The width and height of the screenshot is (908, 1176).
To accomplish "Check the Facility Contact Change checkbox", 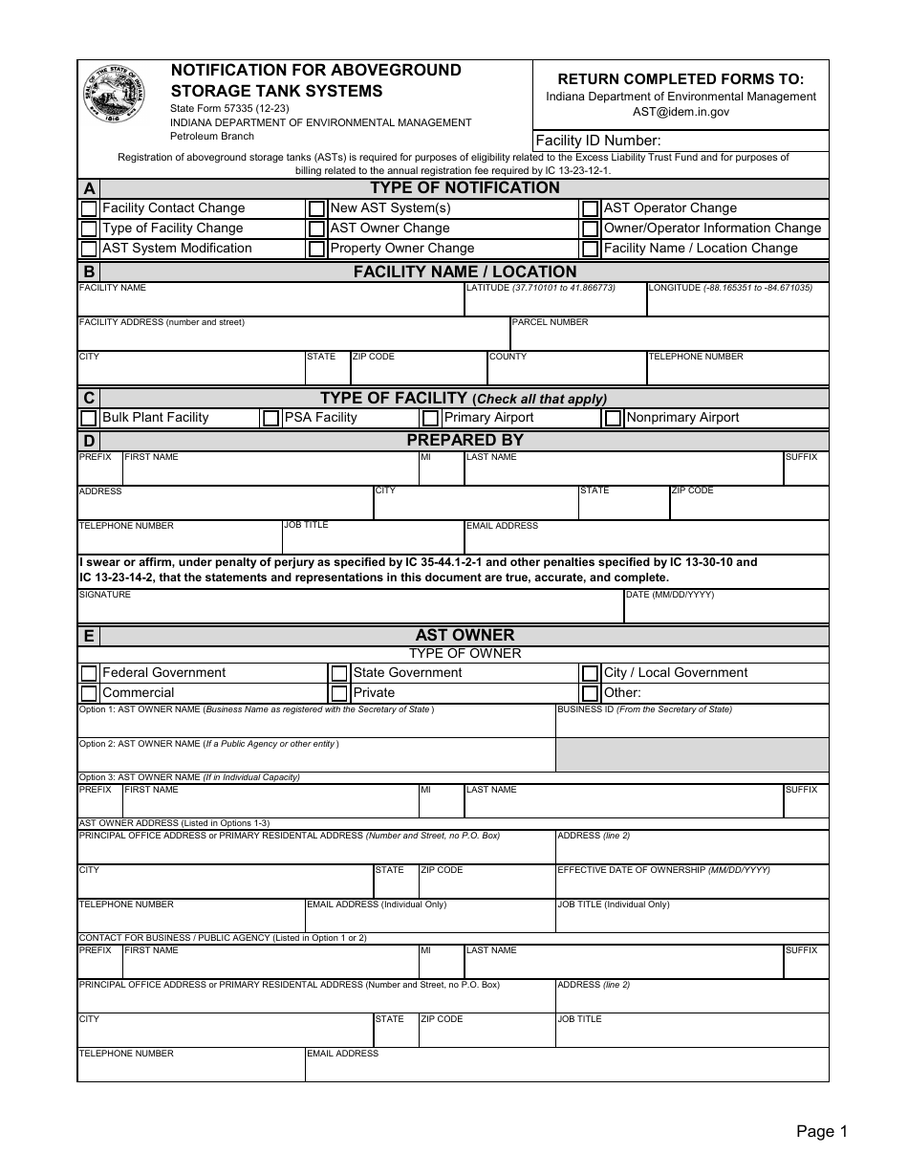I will (89, 208).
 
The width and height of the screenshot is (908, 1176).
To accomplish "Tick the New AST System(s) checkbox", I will (316, 208).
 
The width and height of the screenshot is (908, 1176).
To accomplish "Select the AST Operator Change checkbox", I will (591, 208).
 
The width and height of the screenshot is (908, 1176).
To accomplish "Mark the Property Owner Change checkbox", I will (316, 249).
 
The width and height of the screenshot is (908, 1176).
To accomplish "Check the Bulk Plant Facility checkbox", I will (89, 418).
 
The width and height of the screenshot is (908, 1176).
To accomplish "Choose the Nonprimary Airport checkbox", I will (613, 418).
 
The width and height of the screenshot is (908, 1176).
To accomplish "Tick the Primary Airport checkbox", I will (430, 418).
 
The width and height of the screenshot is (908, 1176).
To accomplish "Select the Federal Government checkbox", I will (89, 673).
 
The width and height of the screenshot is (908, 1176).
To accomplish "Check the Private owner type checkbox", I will (339, 693).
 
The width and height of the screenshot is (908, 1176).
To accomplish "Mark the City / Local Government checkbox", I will (591, 673).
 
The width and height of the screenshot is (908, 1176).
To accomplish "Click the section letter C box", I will (89, 398).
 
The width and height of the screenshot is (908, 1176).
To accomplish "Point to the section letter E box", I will (89, 636).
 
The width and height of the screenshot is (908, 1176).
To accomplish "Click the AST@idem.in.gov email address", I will (681, 112).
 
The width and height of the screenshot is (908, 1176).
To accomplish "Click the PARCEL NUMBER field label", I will (551, 322).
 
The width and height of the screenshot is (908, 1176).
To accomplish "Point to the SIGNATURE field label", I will (105, 595).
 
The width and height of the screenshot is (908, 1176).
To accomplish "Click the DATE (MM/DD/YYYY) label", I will (669, 595).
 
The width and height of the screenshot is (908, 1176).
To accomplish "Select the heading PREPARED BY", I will (465, 441).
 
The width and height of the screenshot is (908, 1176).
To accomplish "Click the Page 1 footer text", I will (822, 1132).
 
